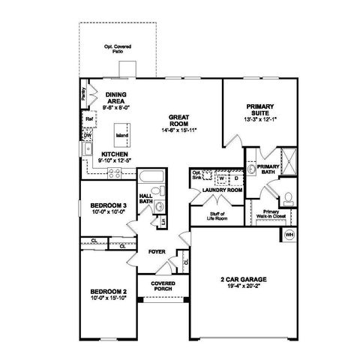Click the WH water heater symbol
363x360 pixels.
289,236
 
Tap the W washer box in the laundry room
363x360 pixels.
221,178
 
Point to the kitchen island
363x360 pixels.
120,136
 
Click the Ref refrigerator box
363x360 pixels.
88,118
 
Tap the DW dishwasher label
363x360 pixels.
86,135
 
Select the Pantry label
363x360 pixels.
84,94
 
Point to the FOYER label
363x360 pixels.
157,253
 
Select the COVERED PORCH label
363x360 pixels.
163,286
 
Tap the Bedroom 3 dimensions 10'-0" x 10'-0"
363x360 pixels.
107,213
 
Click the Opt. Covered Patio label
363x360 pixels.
117,50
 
